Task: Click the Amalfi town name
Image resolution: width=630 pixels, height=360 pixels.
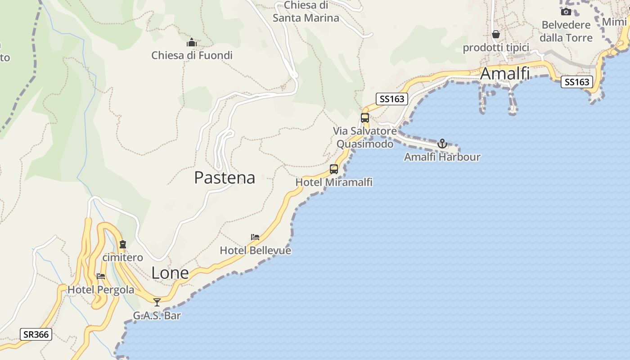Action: [504, 74]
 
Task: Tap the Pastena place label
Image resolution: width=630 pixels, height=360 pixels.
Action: [225, 178]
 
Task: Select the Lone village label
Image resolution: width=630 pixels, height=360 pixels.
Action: [170, 273]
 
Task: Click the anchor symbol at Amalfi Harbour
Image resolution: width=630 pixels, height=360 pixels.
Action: [442, 144]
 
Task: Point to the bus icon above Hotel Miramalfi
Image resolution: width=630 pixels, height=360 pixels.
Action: [334, 169]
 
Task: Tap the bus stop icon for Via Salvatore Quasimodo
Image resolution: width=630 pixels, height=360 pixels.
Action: [365, 118]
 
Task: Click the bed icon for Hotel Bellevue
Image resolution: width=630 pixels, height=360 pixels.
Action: [255, 237]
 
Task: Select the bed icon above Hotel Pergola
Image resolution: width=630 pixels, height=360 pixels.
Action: [101, 276]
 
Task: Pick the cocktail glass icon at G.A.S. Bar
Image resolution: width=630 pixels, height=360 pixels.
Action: [157, 302]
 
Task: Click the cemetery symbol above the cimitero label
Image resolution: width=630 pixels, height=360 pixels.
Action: [123, 245]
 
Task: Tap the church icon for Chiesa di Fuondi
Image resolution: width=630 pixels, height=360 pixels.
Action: [192, 43]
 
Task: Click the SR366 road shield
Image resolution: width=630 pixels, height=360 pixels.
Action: [36, 334]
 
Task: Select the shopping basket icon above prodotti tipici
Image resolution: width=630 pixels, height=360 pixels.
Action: [495, 34]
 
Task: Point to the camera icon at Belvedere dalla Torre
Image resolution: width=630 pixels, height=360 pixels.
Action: [566, 12]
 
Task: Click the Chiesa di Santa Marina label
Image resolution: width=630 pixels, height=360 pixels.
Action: [306, 12]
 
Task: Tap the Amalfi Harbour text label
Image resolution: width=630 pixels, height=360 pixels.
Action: [442, 157]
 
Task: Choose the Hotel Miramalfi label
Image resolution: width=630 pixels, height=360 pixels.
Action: [334, 182]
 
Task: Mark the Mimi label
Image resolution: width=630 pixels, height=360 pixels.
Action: [614, 22]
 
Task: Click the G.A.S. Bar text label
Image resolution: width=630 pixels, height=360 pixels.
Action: [157, 315]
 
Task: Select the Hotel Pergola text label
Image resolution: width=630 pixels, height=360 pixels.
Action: [101, 290]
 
